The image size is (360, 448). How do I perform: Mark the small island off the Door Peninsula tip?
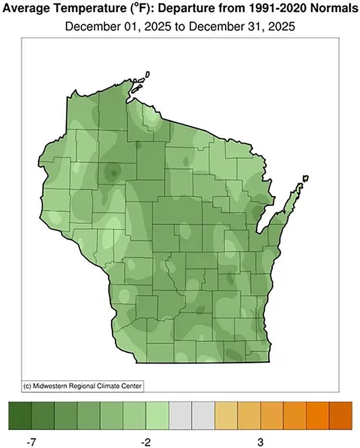[x=304, y=179]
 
